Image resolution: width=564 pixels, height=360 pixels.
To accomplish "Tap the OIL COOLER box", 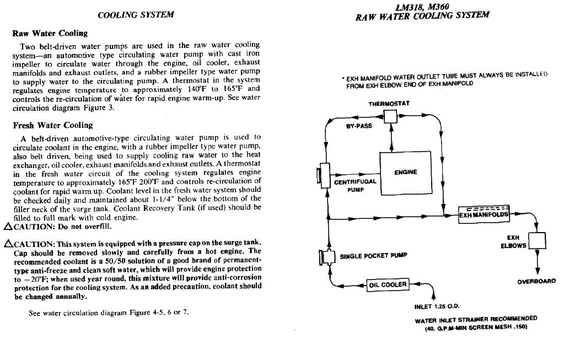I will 388,285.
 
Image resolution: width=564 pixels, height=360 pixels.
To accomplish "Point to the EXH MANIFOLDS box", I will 485,213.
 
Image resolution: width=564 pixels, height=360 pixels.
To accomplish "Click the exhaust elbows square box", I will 536,241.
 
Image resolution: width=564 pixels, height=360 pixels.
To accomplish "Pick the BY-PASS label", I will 358,126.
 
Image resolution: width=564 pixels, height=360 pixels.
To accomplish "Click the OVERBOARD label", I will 536,281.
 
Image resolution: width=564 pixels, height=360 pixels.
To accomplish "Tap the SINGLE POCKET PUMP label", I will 374,256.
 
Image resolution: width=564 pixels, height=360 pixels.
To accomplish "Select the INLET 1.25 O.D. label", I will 437,307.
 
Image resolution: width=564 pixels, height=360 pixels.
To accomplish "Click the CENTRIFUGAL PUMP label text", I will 355,185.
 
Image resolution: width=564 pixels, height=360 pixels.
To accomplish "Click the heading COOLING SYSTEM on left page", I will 136,15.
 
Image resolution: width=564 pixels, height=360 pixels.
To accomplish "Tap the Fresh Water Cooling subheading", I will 53,125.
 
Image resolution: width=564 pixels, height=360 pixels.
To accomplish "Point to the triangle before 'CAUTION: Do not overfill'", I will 7,227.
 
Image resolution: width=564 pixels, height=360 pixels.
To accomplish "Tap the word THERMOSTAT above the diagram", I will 389,104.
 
